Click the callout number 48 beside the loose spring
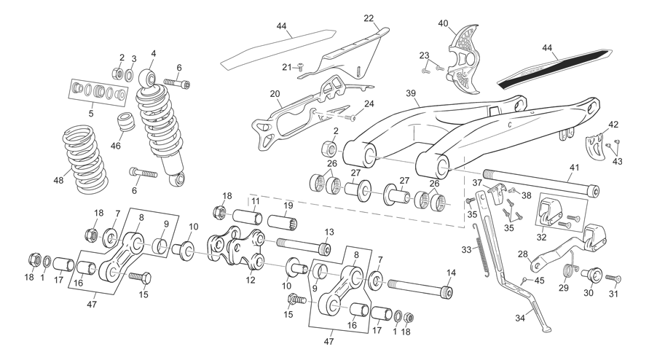click(x=59, y=180)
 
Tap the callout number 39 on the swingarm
click(x=411, y=93)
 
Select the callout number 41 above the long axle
click(x=574, y=168)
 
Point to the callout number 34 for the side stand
click(x=520, y=318)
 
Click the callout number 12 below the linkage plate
click(x=251, y=280)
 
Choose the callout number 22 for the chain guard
click(x=369, y=18)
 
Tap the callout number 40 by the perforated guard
click(x=443, y=23)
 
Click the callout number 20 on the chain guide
click(x=275, y=94)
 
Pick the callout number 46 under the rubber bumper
click(x=116, y=146)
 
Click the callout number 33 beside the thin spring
click(x=466, y=250)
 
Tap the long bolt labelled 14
click(x=420, y=288)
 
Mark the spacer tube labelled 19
click(x=283, y=220)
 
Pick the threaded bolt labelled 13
click(x=304, y=246)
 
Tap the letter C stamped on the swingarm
click(x=510, y=124)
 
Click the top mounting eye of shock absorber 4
click(x=148, y=77)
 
